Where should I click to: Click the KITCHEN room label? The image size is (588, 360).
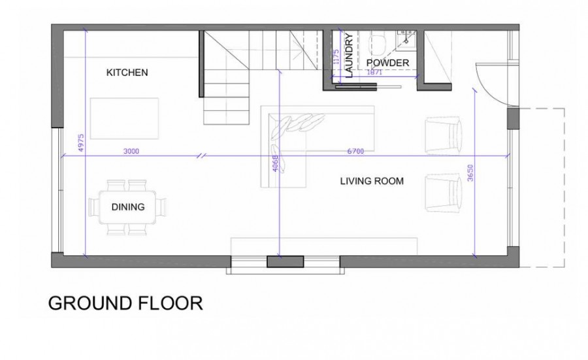point(127,73)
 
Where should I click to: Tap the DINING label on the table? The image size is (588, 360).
point(128,207)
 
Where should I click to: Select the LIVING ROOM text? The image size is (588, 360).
point(372,181)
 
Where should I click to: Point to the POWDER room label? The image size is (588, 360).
point(387,63)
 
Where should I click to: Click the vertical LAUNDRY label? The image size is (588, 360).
point(349,56)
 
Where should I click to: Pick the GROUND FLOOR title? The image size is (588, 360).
point(125,303)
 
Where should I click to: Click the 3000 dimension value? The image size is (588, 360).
point(131,152)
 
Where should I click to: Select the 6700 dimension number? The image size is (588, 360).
point(355,152)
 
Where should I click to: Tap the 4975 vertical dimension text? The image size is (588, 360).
point(81,143)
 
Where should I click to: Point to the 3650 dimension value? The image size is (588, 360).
point(470,173)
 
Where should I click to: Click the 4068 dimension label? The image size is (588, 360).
point(275,163)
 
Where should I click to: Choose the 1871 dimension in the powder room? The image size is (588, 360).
point(374,73)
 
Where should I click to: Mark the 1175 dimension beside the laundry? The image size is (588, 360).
point(336,57)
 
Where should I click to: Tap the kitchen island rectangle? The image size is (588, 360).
point(124,118)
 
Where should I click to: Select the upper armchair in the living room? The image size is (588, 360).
point(443,135)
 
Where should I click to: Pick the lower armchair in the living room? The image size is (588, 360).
point(443,192)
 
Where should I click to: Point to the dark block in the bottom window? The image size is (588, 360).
point(285,261)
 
